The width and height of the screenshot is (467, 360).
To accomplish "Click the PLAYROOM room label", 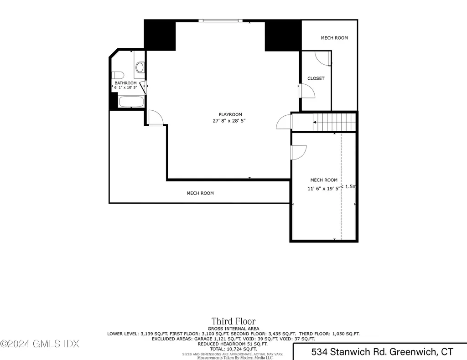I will click(x=230, y=114).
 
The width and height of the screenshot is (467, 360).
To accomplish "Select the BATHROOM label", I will click(x=125, y=83).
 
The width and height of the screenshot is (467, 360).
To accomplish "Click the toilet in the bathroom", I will click(x=118, y=75).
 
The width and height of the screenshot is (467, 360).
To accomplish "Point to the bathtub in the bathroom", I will click(x=131, y=101).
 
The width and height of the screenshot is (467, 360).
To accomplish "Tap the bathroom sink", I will click(x=140, y=68).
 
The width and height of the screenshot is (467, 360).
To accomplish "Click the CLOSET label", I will click(x=316, y=78).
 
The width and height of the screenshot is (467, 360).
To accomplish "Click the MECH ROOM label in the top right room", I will click(x=334, y=38).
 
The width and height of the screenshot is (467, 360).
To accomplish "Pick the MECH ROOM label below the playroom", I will click(x=200, y=193).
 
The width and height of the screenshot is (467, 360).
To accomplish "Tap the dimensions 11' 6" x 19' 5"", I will click(x=324, y=188).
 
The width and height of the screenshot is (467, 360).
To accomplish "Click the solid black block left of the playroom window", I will click(x=160, y=36).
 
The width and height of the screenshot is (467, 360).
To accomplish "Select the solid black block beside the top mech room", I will click(x=283, y=36).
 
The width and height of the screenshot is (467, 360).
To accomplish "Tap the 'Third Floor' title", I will click(x=233, y=321).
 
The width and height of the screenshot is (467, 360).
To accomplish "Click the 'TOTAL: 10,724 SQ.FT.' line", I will click(x=233, y=349).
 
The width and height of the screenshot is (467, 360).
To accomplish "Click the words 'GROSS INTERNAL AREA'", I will click(x=233, y=329).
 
